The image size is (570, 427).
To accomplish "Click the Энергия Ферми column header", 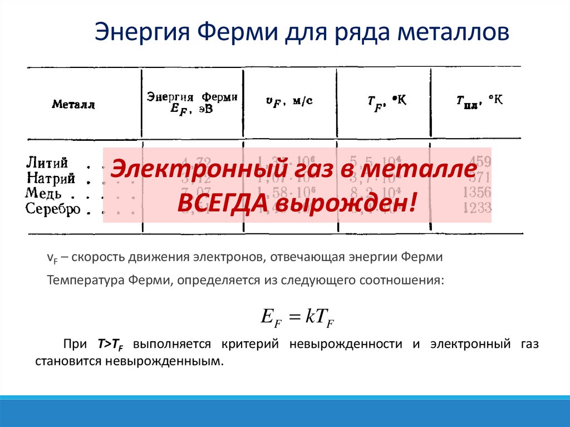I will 192,103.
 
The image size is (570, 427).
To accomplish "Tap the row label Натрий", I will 51,179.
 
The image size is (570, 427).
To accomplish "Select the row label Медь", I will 44,194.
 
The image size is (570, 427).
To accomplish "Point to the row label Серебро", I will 53,209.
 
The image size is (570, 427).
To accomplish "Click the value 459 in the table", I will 480,162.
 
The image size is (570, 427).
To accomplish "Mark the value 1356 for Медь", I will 476,193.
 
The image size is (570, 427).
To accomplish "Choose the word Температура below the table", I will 83,280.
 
